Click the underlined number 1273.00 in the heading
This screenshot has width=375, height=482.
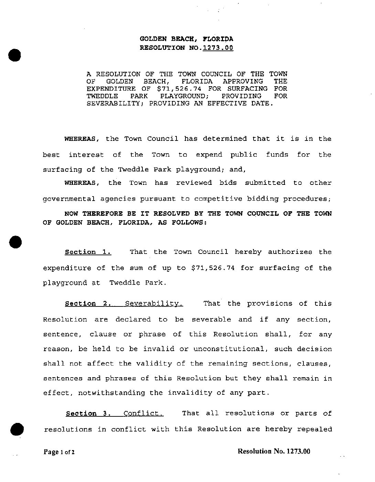pos(218,48)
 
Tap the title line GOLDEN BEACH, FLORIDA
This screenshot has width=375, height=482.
pos(186,39)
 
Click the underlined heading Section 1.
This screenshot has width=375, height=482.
pos(88,252)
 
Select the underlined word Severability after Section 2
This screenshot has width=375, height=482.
pos(154,304)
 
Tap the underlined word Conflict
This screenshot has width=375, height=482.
pos(143,414)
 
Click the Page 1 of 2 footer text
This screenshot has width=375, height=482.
pos(59,452)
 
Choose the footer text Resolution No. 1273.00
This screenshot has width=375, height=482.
pos(274,451)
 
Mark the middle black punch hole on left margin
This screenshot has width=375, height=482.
pos(15,242)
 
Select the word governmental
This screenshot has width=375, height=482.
pos(69,199)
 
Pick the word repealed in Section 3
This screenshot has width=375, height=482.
pos(314,429)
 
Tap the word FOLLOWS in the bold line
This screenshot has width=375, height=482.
pos(189,223)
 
